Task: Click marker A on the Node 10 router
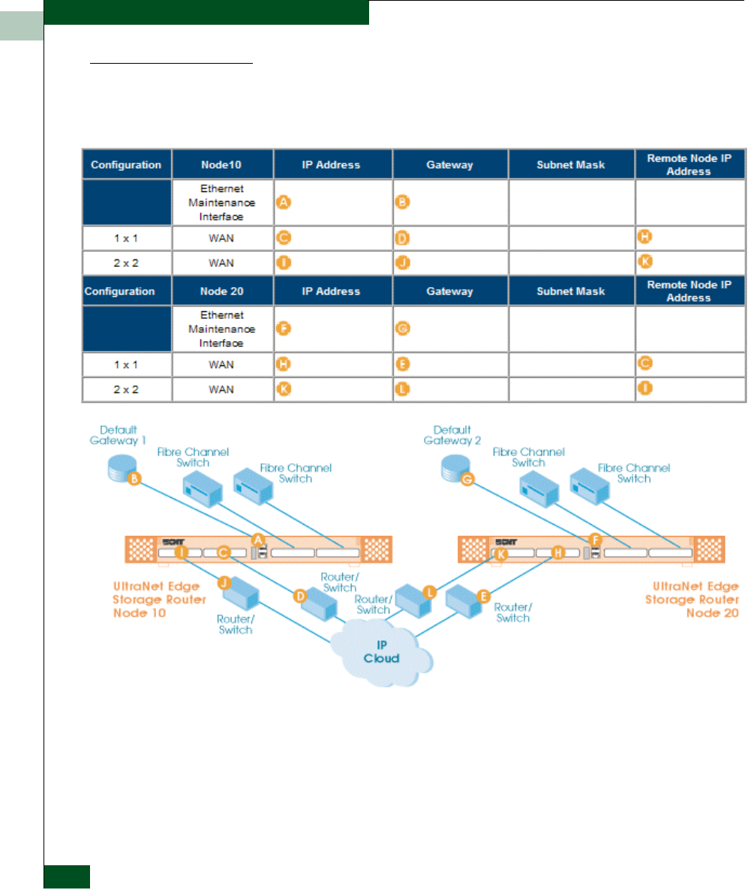click(x=258, y=539)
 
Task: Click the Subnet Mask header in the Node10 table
click(x=571, y=165)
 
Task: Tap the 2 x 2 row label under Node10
click(x=126, y=262)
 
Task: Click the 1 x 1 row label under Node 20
click(x=126, y=364)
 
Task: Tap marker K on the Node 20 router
click(x=501, y=553)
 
